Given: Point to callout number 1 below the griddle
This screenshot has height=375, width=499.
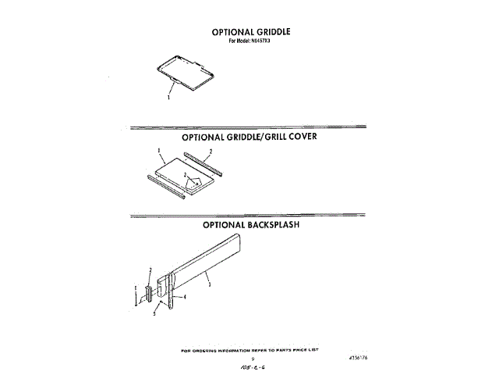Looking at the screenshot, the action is [168, 99].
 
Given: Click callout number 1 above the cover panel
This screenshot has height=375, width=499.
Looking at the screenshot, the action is [158, 150].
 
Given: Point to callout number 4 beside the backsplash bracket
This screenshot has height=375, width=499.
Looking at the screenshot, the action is [185, 298].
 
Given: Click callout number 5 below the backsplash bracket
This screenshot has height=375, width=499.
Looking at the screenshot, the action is [154, 312].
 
